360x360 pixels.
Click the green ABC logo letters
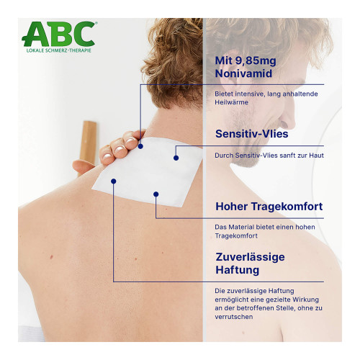[x=60, y=34]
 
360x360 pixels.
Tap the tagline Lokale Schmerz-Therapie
[x=59, y=50]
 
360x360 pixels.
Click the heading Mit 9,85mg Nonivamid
[x=246, y=67]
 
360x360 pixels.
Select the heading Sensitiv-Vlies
[x=251, y=134]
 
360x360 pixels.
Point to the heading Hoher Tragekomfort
[x=269, y=207]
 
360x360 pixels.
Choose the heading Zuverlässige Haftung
[x=250, y=264]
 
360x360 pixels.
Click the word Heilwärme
[x=231, y=102]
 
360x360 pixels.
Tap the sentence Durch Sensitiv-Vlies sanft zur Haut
[x=269, y=156]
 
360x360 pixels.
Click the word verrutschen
[x=234, y=317]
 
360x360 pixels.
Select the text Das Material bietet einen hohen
[x=265, y=227]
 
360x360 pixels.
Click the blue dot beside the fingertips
[x=140, y=146]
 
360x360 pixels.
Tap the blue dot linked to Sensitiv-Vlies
[x=176, y=158]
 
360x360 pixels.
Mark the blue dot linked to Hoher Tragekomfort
[x=156, y=194]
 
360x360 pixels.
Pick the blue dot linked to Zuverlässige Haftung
[x=114, y=181]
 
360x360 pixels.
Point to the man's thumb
[x=84, y=166]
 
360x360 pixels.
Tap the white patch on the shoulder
[x=148, y=171]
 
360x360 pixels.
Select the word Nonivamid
[x=243, y=73]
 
